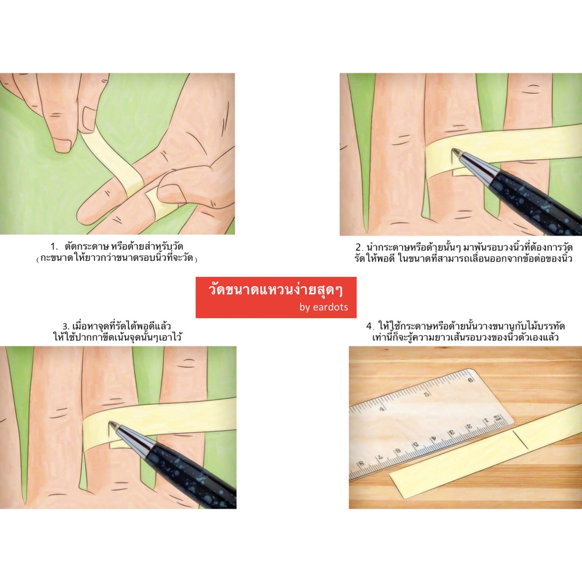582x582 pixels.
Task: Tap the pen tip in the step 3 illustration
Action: click(110, 423)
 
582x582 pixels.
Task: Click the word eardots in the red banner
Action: click(330, 307)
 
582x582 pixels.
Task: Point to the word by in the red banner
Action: click(305, 307)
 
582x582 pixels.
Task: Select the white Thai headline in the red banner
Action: click(275, 290)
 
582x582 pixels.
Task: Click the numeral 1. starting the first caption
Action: click(54, 247)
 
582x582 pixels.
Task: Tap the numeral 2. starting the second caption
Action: click(359, 248)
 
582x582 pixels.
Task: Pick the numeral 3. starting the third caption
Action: click(66, 327)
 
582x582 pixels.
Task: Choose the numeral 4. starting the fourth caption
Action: click(370, 326)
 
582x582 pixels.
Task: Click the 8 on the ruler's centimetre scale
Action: click(361, 464)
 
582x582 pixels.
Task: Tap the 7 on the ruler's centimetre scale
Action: click(380, 458)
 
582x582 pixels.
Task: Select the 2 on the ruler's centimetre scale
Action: click(469, 426)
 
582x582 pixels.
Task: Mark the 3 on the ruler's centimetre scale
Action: click(452, 433)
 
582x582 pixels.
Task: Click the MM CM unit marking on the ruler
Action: click(497, 418)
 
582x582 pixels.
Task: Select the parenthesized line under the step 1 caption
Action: click(117, 259)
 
